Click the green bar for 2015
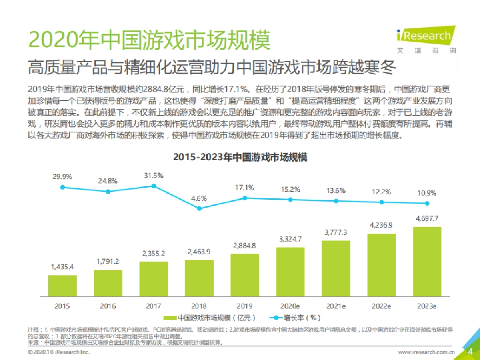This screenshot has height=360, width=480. click(x=62, y=286)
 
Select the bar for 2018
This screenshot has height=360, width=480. click(x=199, y=278)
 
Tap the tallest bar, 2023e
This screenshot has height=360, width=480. click(x=427, y=262)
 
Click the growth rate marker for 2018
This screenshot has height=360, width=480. click(x=199, y=208)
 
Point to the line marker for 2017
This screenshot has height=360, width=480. click(x=154, y=186)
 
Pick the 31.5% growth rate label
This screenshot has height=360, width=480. click(x=154, y=175)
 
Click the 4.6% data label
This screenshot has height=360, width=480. click(x=199, y=198)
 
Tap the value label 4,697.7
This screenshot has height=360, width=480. click(x=427, y=218)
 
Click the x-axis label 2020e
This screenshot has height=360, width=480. click(x=290, y=306)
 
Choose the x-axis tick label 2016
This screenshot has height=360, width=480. click(x=108, y=306)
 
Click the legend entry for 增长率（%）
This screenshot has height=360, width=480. click(x=296, y=318)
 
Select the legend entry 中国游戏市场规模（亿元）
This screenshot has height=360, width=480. click(x=210, y=318)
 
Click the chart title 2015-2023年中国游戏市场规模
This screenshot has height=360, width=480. click(x=240, y=157)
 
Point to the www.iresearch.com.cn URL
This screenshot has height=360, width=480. click(x=426, y=352)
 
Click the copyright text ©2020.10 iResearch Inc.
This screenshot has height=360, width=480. click(x=59, y=352)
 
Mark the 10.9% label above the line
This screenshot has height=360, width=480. click(x=427, y=193)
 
